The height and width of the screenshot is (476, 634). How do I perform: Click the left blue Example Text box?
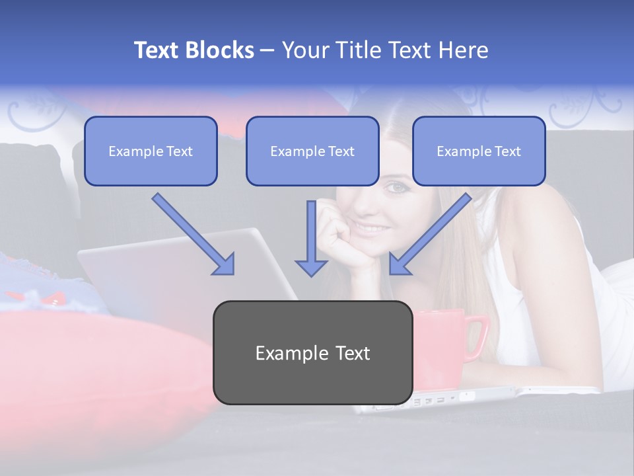pos(151,151)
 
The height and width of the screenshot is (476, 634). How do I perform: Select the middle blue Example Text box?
pos(312,151)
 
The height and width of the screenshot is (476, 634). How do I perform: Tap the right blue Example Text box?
pos(479,151)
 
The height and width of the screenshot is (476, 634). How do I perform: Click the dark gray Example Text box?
pos(312,352)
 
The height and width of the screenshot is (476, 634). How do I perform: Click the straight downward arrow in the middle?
pos(311,238)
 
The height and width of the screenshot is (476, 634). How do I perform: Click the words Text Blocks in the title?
pos(194,50)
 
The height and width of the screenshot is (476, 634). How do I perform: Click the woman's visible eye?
pos(397,188)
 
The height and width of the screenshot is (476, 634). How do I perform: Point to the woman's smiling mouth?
pos(374,228)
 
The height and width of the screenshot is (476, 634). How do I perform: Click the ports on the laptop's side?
pos(433,400)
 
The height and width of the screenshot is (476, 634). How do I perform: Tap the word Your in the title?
pos(304,50)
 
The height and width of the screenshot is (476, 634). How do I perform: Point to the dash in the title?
pos(267,50)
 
